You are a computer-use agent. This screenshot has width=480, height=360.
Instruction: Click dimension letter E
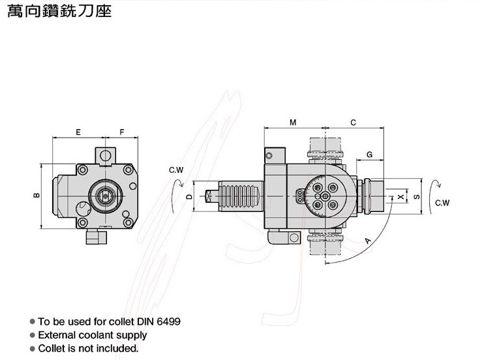(x=78, y=132)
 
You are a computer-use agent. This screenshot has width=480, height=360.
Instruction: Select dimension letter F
(x=122, y=132)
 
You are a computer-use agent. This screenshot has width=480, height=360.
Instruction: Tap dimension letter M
(x=293, y=123)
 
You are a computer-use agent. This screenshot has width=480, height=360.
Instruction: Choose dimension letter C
(x=353, y=123)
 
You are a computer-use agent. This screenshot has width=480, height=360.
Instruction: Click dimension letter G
(x=369, y=155)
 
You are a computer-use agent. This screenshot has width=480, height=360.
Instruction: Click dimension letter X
(x=400, y=196)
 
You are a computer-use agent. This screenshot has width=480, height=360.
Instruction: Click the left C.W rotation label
(x=176, y=170)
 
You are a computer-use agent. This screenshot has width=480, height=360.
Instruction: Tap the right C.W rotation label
(x=442, y=203)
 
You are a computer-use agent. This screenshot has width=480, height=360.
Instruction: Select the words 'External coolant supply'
(x=92, y=335)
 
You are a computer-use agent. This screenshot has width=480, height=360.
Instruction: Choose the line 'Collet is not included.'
(x=88, y=349)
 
